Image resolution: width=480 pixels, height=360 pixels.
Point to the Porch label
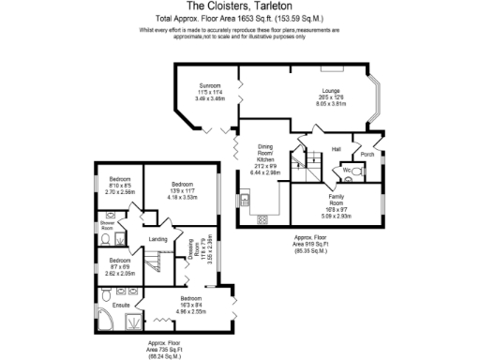click(367, 155)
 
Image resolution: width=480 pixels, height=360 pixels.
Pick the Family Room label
click(337, 203)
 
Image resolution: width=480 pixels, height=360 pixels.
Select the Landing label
click(157, 239)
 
